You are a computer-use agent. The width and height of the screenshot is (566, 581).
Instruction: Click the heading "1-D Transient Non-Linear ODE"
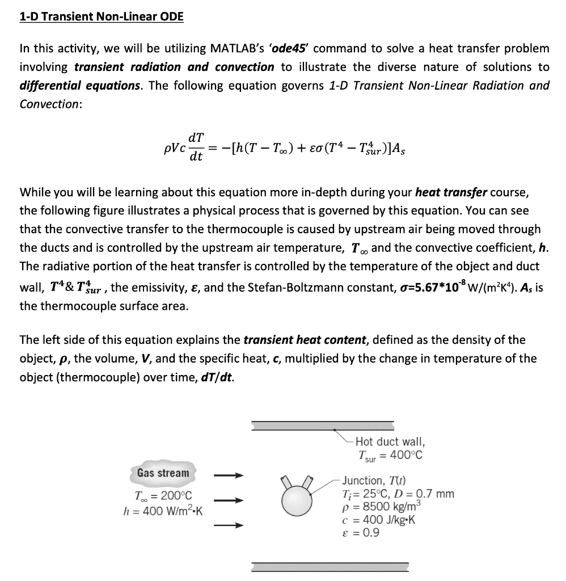click(102, 16)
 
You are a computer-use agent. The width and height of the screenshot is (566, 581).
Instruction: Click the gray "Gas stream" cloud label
click(163, 473)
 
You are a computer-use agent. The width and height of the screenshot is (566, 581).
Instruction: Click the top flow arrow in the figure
click(229, 475)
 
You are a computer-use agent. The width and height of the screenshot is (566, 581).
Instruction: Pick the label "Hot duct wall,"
click(390, 441)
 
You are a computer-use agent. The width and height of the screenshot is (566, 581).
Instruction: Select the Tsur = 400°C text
click(390, 455)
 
